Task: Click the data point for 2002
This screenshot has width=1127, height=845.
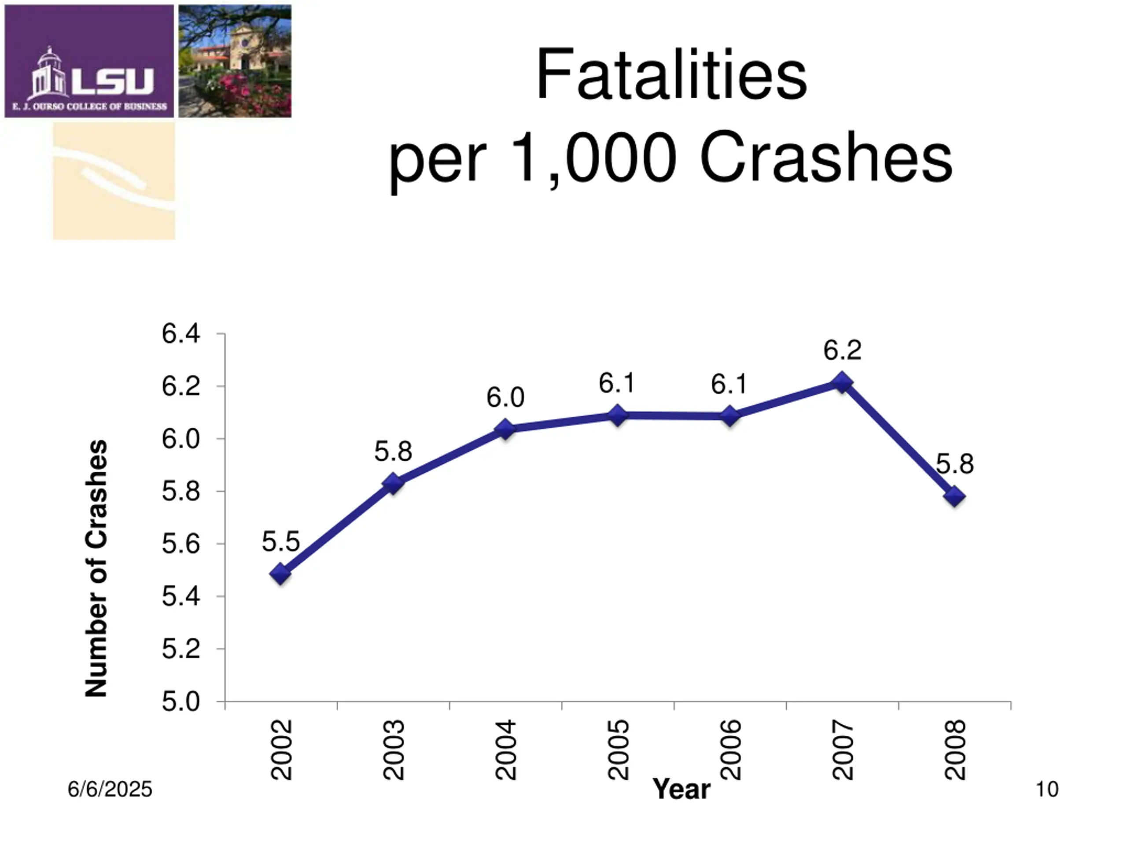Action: [x=280, y=574]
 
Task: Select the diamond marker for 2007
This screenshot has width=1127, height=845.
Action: [x=842, y=382]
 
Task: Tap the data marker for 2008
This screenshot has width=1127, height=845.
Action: [x=955, y=496]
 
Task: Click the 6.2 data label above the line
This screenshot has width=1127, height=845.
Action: [x=842, y=350]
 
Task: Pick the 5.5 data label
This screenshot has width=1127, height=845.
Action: [x=280, y=541]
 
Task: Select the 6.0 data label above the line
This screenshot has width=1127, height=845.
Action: [x=505, y=397]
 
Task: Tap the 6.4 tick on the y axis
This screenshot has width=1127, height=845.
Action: [x=181, y=334]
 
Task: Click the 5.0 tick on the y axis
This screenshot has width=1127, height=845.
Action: [x=181, y=702]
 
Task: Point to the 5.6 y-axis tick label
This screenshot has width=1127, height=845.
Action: [x=181, y=544]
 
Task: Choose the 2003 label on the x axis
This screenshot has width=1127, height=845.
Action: [x=394, y=750]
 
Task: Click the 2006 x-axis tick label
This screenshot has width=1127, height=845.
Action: [x=731, y=750]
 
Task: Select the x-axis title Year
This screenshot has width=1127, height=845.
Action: [x=681, y=790]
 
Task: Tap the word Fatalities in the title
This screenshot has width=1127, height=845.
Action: [x=671, y=75]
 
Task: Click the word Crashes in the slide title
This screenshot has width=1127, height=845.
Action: [x=825, y=157]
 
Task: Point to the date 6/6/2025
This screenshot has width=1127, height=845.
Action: [x=110, y=790]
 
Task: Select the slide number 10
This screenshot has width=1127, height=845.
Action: [x=1047, y=790]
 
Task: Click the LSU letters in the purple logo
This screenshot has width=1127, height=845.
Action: [x=113, y=81]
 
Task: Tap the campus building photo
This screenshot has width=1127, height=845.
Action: [x=235, y=61]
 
